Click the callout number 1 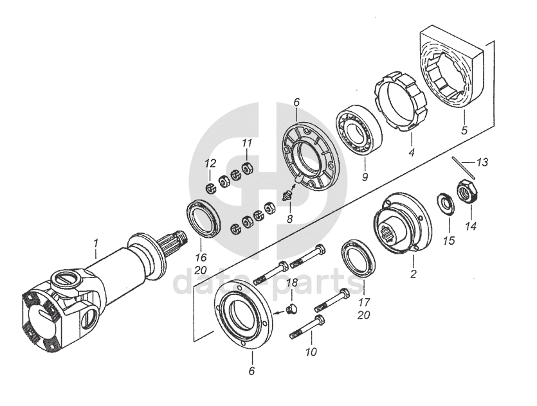click(x=96, y=243)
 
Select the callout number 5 click(x=464, y=130)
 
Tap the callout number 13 click(x=482, y=162)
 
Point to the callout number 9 click(x=365, y=177)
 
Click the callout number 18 click(x=292, y=283)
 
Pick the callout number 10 click(x=311, y=351)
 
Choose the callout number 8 click(x=290, y=218)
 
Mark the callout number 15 click(x=449, y=241)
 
